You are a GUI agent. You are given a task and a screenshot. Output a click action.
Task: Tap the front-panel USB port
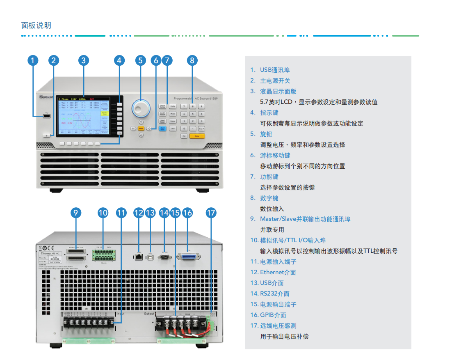(47, 117)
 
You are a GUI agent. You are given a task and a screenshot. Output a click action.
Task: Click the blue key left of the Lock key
(162, 128)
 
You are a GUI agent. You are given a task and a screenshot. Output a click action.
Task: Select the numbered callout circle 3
(84, 61)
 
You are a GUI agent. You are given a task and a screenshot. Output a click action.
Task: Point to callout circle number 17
(211, 213)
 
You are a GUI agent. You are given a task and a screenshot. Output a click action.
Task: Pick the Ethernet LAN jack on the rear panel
(139, 257)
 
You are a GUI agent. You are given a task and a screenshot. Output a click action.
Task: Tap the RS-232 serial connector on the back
(165, 257)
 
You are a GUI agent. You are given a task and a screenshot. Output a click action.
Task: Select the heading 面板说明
(36, 25)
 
